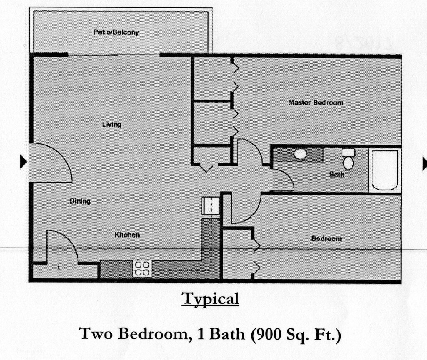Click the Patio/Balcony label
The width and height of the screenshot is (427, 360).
116,32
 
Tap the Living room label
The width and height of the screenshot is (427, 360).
112,124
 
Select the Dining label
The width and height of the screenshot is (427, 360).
80,201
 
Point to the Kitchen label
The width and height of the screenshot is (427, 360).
127,235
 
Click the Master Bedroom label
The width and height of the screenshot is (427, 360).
316,102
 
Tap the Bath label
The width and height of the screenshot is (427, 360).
337,174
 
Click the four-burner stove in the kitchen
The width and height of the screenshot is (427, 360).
142,269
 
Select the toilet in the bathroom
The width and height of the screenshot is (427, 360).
348,159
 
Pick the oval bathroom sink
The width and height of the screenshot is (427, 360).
300,154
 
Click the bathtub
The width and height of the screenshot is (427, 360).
385,170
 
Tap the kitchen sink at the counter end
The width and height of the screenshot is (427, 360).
211,205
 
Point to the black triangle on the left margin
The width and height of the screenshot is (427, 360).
24,162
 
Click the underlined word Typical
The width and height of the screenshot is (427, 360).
210,298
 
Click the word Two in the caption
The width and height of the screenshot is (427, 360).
95,333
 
